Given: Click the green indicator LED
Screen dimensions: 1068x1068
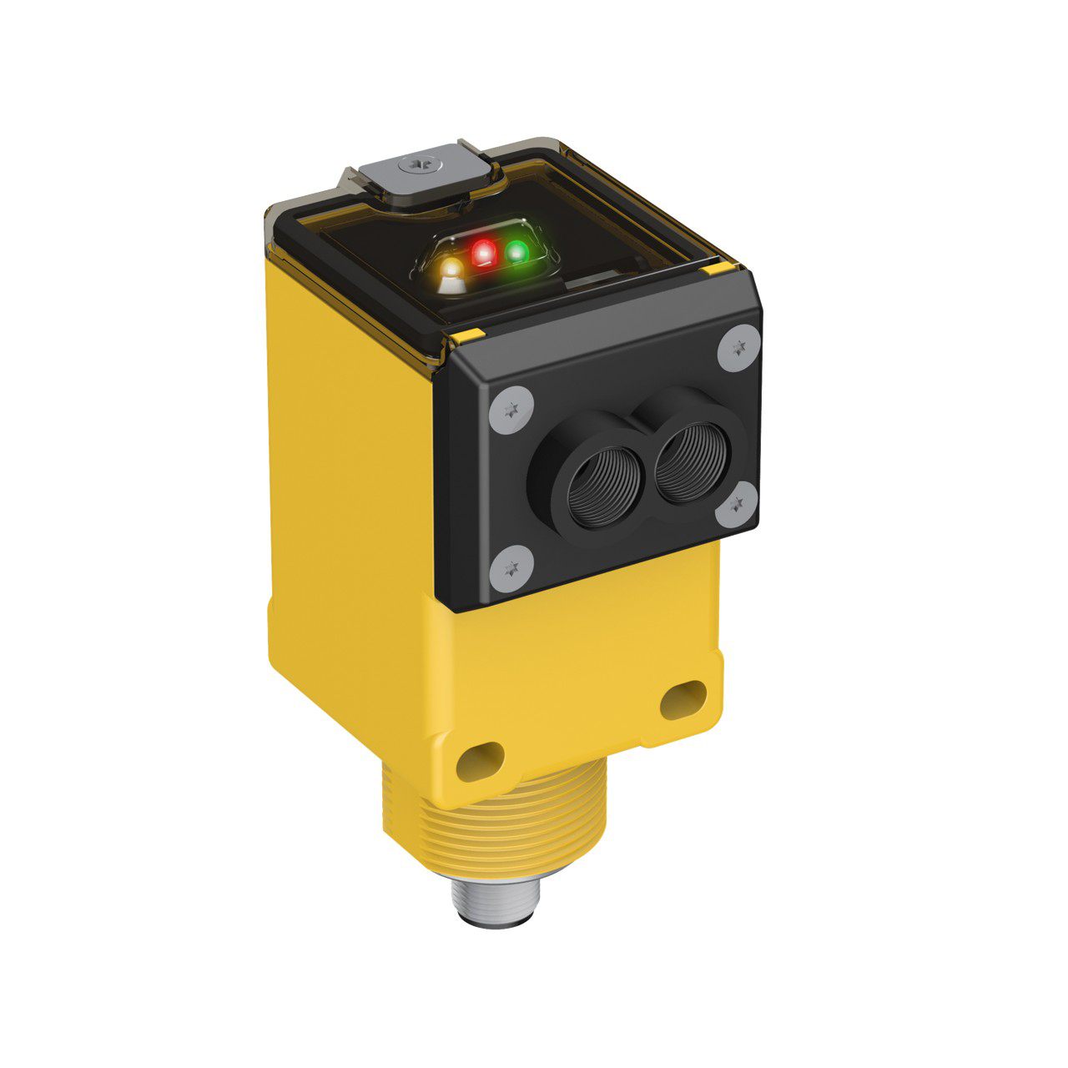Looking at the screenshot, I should (x=517, y=250).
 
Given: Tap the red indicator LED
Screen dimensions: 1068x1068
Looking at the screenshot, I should (x=483, y=252).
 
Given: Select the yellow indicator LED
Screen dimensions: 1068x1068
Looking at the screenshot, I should (x=451, y=270).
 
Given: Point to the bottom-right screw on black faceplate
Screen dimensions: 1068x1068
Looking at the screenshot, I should (x=736, y=503).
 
